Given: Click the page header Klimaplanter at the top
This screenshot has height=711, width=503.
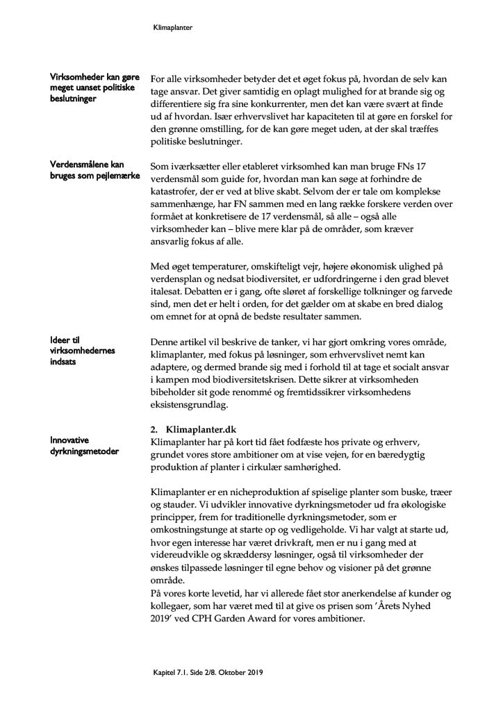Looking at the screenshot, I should coord(172,28).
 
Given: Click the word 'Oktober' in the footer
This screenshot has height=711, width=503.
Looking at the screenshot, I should coord(230,673).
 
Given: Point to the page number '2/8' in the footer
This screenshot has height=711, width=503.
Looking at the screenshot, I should coord(206,673).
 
